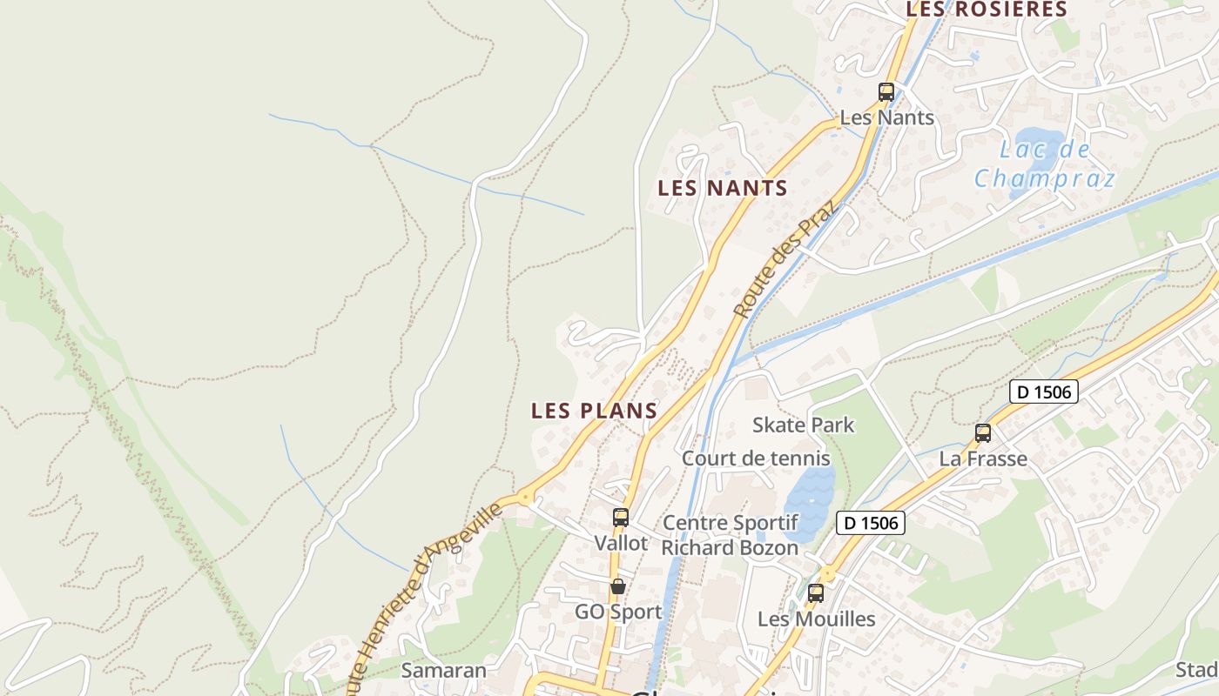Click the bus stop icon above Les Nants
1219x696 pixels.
(886, 91)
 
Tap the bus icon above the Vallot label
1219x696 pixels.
(621, 518)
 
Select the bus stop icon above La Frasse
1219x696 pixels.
(983, 432)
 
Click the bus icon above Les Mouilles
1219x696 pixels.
(816, 593)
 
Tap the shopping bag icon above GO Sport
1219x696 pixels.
(618, 586)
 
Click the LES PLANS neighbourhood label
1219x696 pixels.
(594, 411)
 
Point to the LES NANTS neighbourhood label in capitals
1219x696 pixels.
(723, 188)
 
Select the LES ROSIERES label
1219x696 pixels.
(987, 10)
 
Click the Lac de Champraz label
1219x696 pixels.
(1044, 164)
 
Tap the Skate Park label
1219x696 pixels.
(803, 425)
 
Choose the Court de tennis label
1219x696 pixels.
(756, 458)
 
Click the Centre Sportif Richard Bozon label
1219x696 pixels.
(730, 535)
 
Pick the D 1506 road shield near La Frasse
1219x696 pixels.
(1044, 391)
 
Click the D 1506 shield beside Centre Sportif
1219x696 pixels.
(871, 523)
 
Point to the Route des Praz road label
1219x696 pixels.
(784, 258)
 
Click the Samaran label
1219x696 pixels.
(443, 671)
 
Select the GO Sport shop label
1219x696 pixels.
(618, 612)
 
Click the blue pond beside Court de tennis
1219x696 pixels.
(809, 503)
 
